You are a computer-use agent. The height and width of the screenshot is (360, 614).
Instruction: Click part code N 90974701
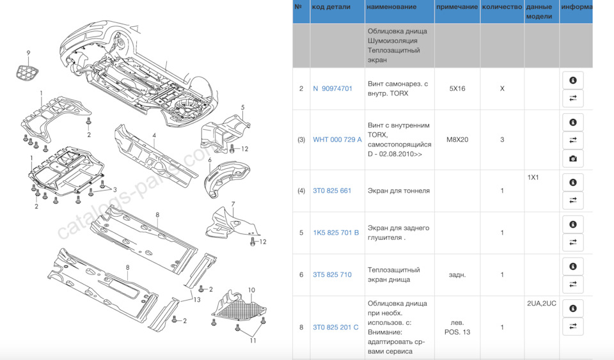tap(333, 88)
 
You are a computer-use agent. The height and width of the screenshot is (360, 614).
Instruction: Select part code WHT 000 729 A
tap(337, 139)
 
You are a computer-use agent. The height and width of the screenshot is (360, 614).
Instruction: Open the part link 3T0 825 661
tap(332, 191)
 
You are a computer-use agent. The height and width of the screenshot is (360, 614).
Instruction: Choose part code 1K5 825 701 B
tap(336, 233)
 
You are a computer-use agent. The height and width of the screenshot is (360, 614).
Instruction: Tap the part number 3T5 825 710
tap(332, 275)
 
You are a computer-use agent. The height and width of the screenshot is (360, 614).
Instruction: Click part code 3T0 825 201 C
tap(335, 327)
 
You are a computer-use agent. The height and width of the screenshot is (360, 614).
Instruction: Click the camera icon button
tap(573, 159)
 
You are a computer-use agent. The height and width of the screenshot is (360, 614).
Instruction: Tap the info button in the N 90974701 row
tap(573, 80)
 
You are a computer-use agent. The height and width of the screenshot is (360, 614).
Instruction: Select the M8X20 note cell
tap(457, 139)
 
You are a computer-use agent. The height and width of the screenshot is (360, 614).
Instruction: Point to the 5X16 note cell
tap(457, 88)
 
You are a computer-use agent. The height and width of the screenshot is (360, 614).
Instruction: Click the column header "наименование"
tap(391, 6)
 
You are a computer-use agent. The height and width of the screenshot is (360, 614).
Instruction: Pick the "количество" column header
tap(502, 6)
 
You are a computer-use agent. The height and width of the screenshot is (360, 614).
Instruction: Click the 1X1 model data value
tap(533, 177)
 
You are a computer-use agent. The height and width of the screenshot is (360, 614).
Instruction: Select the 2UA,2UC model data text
tap(542, 303)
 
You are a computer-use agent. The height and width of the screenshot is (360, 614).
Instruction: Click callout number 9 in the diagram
tap(28, 53)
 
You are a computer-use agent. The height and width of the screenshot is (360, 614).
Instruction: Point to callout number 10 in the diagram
tap(251, 290)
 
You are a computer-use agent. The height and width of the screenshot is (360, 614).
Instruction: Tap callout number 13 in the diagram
tap(196, 300)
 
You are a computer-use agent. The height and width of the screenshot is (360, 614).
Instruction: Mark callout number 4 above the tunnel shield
tap(154, 136)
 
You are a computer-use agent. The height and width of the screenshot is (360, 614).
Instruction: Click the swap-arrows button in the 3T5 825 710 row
tap(573, 284)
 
